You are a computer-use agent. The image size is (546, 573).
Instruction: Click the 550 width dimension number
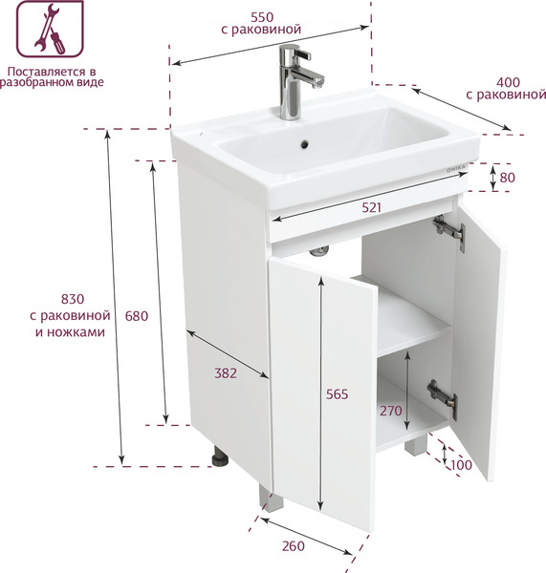click(x=262, y=17)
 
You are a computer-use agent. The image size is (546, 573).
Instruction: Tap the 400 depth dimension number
click(x=508, y=82)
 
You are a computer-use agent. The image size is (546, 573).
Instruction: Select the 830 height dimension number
click(x=73, y=299)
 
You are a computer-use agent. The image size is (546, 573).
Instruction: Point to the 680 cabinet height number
click(x=137, y=316)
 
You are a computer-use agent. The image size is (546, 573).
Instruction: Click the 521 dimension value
click(x=371, y=207)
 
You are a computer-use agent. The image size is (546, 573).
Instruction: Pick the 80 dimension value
click(x=507, y=178)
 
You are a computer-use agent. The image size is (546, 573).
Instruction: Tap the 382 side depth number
click(x=226, y=373)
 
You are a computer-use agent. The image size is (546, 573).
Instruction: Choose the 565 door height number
click(x=337, y=393)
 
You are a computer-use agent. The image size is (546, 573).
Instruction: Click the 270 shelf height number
click(x=391, y=411)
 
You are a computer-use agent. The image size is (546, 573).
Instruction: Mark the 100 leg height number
click(x=461, y=465)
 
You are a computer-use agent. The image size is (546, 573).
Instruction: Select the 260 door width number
click(x=294, y=546)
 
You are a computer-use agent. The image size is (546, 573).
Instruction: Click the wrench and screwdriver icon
click(x=50, y=29)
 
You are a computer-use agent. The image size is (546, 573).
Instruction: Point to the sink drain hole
click(x=304, y=144)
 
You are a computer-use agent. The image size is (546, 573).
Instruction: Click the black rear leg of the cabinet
click(x=221, y=456)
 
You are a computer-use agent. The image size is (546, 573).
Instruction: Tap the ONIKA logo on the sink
click(x=456, y=168)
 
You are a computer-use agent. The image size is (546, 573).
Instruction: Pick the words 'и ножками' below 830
click(x=70, y=332)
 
